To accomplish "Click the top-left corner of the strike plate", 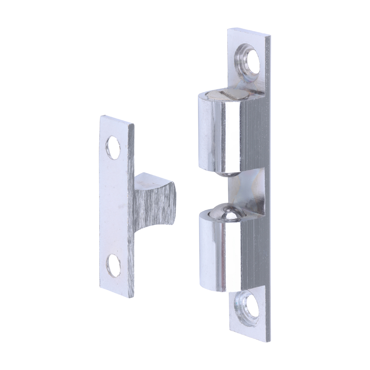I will point(101,116).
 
